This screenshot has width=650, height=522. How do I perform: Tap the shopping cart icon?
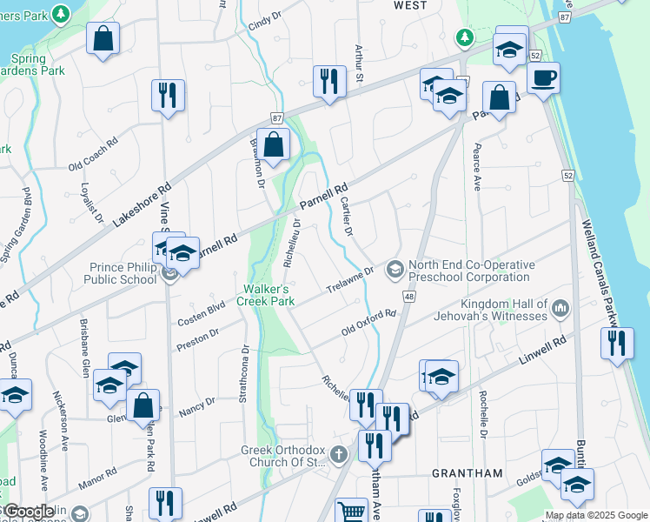tap(351, 511)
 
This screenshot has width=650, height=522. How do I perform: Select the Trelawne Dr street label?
tap(348, 279)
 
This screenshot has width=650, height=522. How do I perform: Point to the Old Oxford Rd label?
tap(368, 322)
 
